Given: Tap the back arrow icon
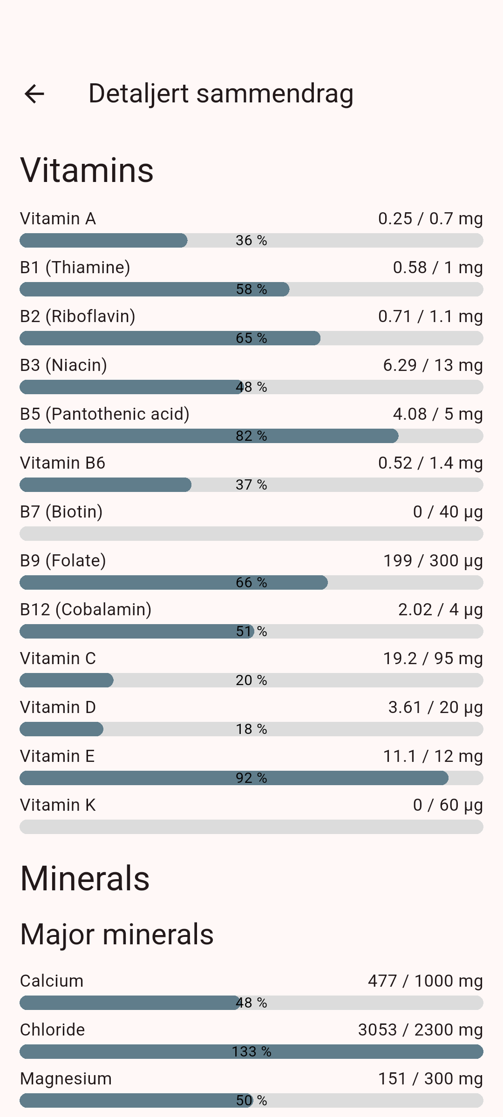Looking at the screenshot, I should point(34,94).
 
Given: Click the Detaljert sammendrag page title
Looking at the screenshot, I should point(221,94).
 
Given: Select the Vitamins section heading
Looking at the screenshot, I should point(87,170).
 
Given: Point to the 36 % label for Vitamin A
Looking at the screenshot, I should point(251,241).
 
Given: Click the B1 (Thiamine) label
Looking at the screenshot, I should point(75,268).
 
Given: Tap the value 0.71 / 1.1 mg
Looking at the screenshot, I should point(430,316).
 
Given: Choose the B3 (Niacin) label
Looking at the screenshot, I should point(63,365).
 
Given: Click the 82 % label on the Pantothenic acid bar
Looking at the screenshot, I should point(251,436).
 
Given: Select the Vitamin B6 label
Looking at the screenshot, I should point(62,463).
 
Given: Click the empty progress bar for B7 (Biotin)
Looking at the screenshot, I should point(251,534).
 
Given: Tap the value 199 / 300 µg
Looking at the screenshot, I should point(433,561).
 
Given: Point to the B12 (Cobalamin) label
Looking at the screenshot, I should point(86,610).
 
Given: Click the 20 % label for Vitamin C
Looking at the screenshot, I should point(251,680).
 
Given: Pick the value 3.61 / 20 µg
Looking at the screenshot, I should point(435,707).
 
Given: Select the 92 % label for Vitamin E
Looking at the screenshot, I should point(251,778).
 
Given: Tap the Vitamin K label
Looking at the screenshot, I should point(58,805).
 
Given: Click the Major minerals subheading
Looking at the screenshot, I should point(117,935).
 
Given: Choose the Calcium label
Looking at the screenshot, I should point(52,981).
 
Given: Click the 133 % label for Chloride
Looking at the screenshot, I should point(251,1052).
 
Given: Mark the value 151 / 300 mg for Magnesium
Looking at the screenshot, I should point(430,1079).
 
